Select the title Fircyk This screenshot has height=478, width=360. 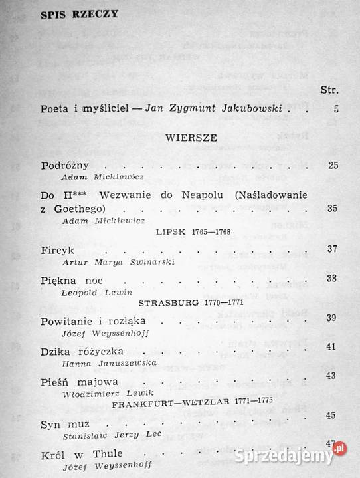[56, 249]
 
